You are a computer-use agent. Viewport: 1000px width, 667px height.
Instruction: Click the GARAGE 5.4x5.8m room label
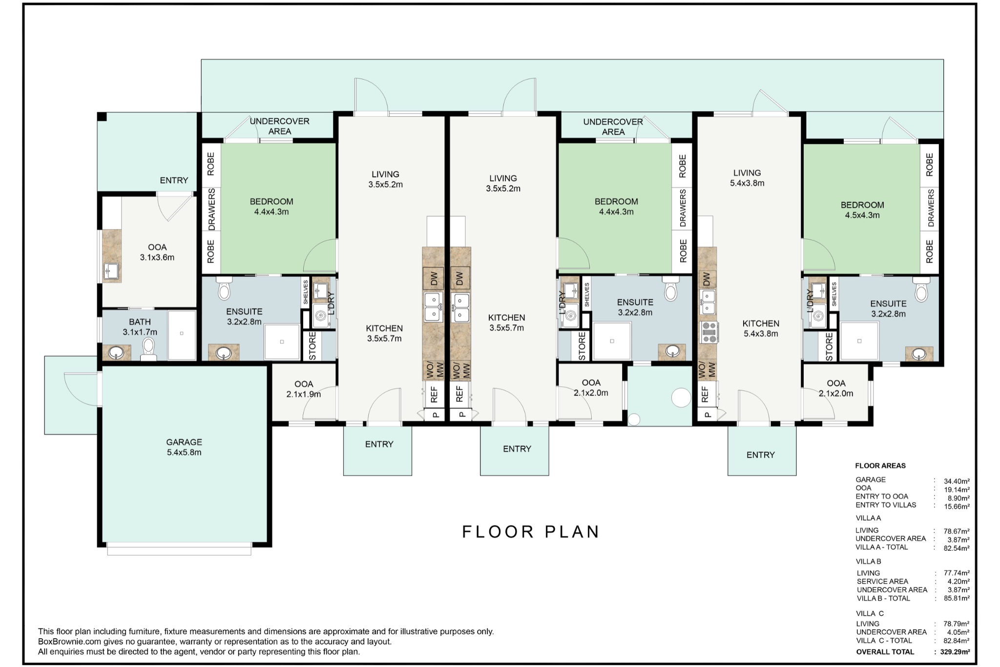pyautogui.click(x=184, y=447)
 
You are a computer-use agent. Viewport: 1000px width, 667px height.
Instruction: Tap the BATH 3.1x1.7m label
pyautogui.click(x=140, y=327)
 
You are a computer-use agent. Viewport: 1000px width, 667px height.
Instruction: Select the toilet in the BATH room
pyautogui.click(x=148, y=349)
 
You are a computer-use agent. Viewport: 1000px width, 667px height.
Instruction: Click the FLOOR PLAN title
pyautogui.click(x=531, y=531)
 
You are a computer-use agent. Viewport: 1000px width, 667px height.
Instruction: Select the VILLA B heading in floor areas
pyautogui.click(x=868, y=561)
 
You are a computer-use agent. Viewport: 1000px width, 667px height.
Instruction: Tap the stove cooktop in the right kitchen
pyautogui.click(x=708, y=332)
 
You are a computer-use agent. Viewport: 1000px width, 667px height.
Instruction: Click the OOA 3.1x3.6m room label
pyautogui.click(x=157, y=252)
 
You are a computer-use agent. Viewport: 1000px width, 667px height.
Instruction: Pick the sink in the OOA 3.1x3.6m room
pyautogui.click(x=111, y=270)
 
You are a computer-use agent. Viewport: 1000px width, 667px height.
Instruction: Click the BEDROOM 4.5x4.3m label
pyautogui.click(x=862, y=210)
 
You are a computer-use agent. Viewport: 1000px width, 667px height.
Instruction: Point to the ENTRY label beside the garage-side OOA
pyautogui.click(x=174, y=180)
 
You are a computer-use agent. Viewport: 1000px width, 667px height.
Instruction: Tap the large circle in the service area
pyautogui.click(x=681, y=397)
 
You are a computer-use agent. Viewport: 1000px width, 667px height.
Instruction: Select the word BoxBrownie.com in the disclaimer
pyautogui.click(x=69, y=642)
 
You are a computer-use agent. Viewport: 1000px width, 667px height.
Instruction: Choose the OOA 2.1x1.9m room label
pyautogui.click(x=303, y=389)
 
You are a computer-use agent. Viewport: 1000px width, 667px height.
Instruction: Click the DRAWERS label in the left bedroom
pyautogui.click(x=211, y=209)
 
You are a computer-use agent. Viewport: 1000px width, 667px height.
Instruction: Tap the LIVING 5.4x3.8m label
pyautogui.click(x=747, y=178)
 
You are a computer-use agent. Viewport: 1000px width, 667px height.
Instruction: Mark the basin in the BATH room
pyautogui.click(x=116, y=352)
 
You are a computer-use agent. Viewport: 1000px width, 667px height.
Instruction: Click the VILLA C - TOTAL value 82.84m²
pyautogui.click(x=957, y=641)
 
